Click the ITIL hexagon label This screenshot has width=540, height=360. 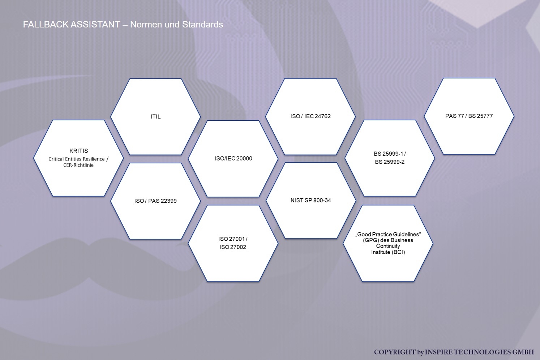155,116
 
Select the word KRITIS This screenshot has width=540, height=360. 78,151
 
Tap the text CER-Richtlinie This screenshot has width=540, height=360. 78,165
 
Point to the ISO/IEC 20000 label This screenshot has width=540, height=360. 233,158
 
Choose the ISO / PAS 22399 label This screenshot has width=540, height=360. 155,201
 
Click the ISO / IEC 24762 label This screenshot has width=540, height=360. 310,116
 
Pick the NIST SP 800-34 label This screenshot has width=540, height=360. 311,200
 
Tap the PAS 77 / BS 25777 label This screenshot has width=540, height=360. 469,116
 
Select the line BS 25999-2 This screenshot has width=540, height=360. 390,162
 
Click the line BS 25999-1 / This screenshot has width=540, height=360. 390,154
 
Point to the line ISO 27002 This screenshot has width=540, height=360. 233,247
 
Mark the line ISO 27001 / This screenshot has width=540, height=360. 233,239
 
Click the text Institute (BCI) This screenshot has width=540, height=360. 388,252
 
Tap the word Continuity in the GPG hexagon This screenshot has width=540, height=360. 388,246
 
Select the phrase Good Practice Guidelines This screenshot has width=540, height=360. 388,234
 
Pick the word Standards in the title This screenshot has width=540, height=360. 202,24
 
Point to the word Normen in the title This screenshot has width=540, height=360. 146,24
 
